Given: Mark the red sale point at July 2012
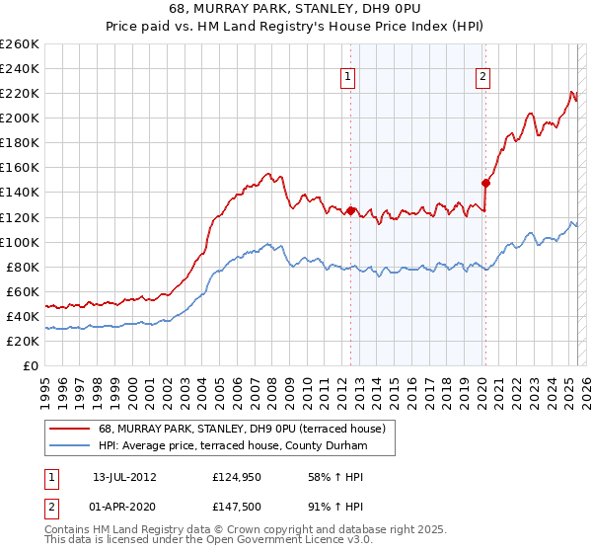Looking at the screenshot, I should pyautogui.click(x=350, y=210).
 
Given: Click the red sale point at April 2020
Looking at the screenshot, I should pyautogui.click(x=484, y=183).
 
